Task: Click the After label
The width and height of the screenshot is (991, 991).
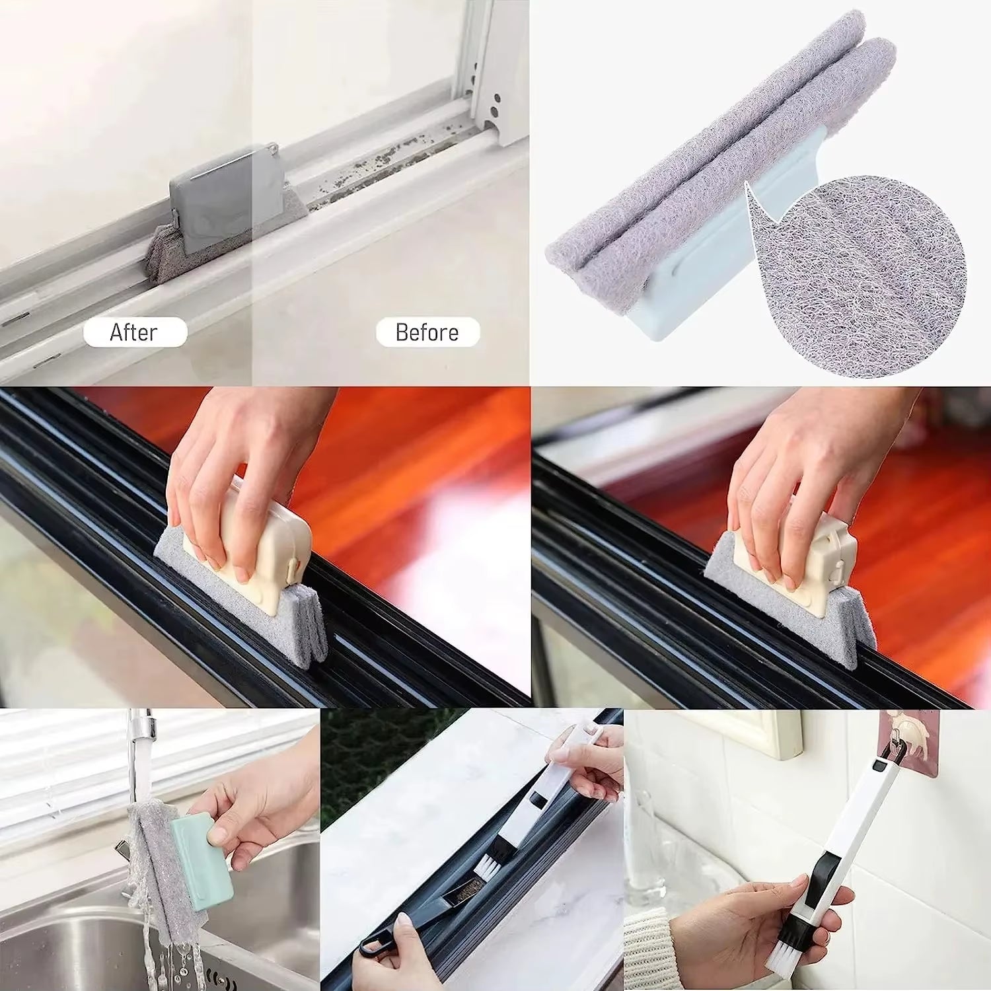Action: click(135, 332)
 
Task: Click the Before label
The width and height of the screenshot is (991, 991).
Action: click(427, 332)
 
